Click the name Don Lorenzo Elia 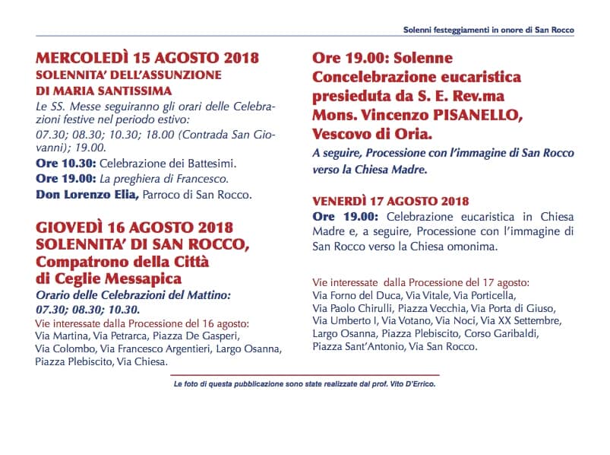87,195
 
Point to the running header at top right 488,30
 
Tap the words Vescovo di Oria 371,133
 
